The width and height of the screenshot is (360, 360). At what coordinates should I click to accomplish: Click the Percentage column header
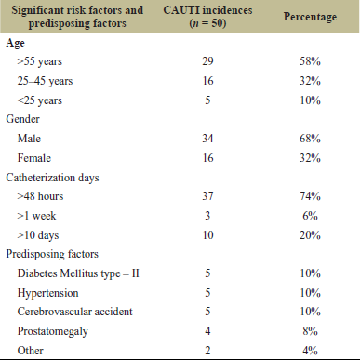tap(310, 17)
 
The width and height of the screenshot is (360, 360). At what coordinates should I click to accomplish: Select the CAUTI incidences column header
tap(207, 17)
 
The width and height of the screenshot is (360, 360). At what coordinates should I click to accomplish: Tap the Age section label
tap(15, 44)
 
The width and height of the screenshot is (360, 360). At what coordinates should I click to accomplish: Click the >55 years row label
tap(40, 61)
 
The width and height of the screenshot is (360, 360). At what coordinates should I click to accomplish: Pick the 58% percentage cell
tap(310, 61)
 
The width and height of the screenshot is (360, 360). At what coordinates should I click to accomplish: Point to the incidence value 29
tap(207, 61)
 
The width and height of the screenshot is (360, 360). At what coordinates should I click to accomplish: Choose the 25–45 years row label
tap(45, 81)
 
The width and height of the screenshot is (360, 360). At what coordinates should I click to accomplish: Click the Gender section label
tap(22, 119)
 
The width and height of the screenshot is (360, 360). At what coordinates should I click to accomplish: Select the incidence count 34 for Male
tap(207, 139)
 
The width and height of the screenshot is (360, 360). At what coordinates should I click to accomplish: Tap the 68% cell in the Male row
tap(310, 139)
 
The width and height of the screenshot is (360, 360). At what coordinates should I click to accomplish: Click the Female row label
tap(34, 158)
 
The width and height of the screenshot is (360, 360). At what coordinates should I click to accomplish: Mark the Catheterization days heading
tap(52, 178)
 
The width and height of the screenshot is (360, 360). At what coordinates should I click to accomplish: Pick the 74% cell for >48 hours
tap(310, 196)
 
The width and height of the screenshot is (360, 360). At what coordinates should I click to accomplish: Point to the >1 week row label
tap(36, 216)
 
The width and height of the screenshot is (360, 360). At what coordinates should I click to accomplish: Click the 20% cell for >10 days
tap(310, 235)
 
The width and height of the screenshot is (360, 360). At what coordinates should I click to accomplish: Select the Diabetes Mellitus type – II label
tap(78, 273)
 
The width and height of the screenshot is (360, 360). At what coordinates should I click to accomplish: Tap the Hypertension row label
tap(47, 293)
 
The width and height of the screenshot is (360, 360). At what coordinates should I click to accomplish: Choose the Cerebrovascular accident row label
tap(74, 312)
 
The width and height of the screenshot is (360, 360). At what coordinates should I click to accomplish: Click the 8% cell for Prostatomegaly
tap(310, 331)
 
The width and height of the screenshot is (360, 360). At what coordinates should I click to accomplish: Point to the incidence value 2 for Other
tap(207, 351)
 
